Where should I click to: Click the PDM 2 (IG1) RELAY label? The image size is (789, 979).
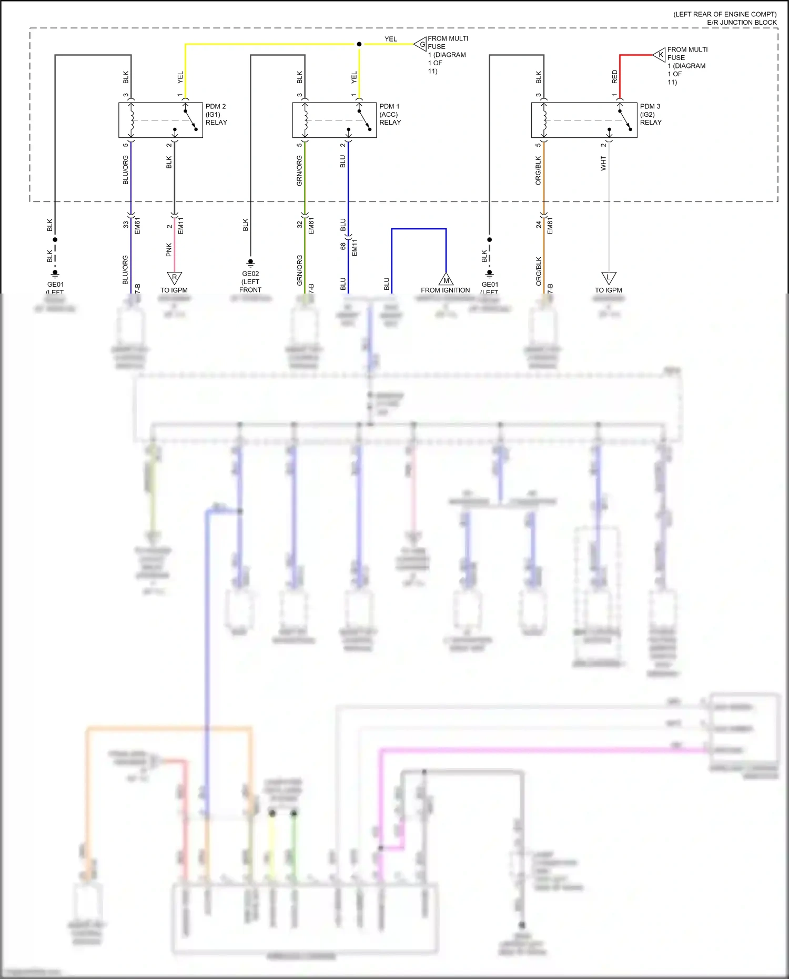(216, 114)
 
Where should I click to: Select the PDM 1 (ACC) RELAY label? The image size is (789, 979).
(390, 114)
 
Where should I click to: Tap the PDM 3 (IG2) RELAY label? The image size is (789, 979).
(651, 114)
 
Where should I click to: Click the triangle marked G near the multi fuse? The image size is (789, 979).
(421, 44)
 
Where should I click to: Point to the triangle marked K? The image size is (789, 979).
(660, 55)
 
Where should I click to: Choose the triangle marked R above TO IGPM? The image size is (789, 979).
(174, 277)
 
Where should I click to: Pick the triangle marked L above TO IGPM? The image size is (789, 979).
(609, 277)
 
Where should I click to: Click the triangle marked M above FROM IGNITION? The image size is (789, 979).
(446, 279)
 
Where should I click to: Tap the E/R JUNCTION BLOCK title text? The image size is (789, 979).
(742, 22)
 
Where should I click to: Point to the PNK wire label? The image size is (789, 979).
(169, 249)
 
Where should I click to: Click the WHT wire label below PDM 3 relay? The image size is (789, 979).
(603, 163)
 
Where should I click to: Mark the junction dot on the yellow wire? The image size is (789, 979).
(359, 44)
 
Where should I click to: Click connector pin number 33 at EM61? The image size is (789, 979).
(126, 224)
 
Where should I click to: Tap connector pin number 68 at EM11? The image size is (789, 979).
(343, 246)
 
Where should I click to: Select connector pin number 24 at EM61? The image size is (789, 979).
(539, 224)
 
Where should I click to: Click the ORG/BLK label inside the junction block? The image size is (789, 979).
(538, 170)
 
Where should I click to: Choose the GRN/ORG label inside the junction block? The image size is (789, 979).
(299, 170)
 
